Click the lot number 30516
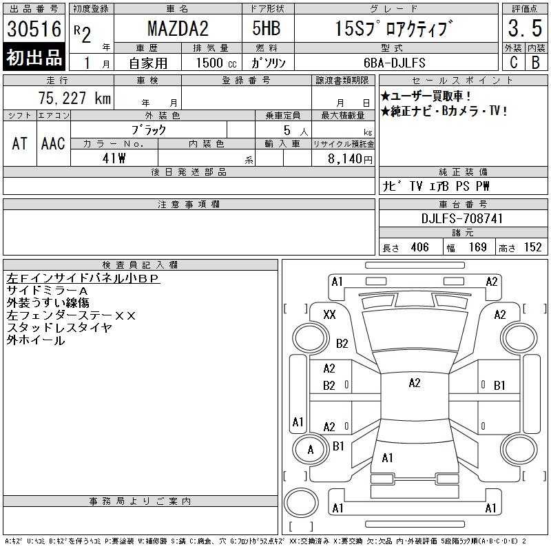point(34,29)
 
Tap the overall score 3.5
point(525,28)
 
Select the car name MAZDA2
point(178,28)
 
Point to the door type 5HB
point(267,28)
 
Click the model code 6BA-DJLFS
point(394,63)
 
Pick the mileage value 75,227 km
point(74,98)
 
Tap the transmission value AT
point(20,143)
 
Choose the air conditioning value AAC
point(53,143)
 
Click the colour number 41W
point(114,158)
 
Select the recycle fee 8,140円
point(350,159)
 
